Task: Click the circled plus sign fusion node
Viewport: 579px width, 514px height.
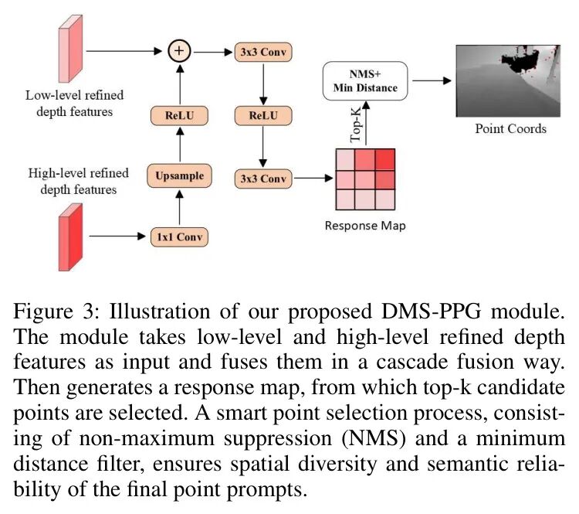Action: point(180,52)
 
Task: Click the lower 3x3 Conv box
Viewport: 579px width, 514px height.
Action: point(262,179)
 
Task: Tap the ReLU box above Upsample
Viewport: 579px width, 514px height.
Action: point(179,117)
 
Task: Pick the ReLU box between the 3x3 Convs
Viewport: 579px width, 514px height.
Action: point(262,117)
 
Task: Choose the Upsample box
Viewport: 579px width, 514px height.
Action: point(179,175)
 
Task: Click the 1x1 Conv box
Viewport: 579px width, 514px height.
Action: point(179,237)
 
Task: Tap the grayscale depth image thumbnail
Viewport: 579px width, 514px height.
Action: point(510,80)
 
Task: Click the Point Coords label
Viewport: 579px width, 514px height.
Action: point(510,128)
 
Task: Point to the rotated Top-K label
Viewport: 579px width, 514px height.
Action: point(355,123)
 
